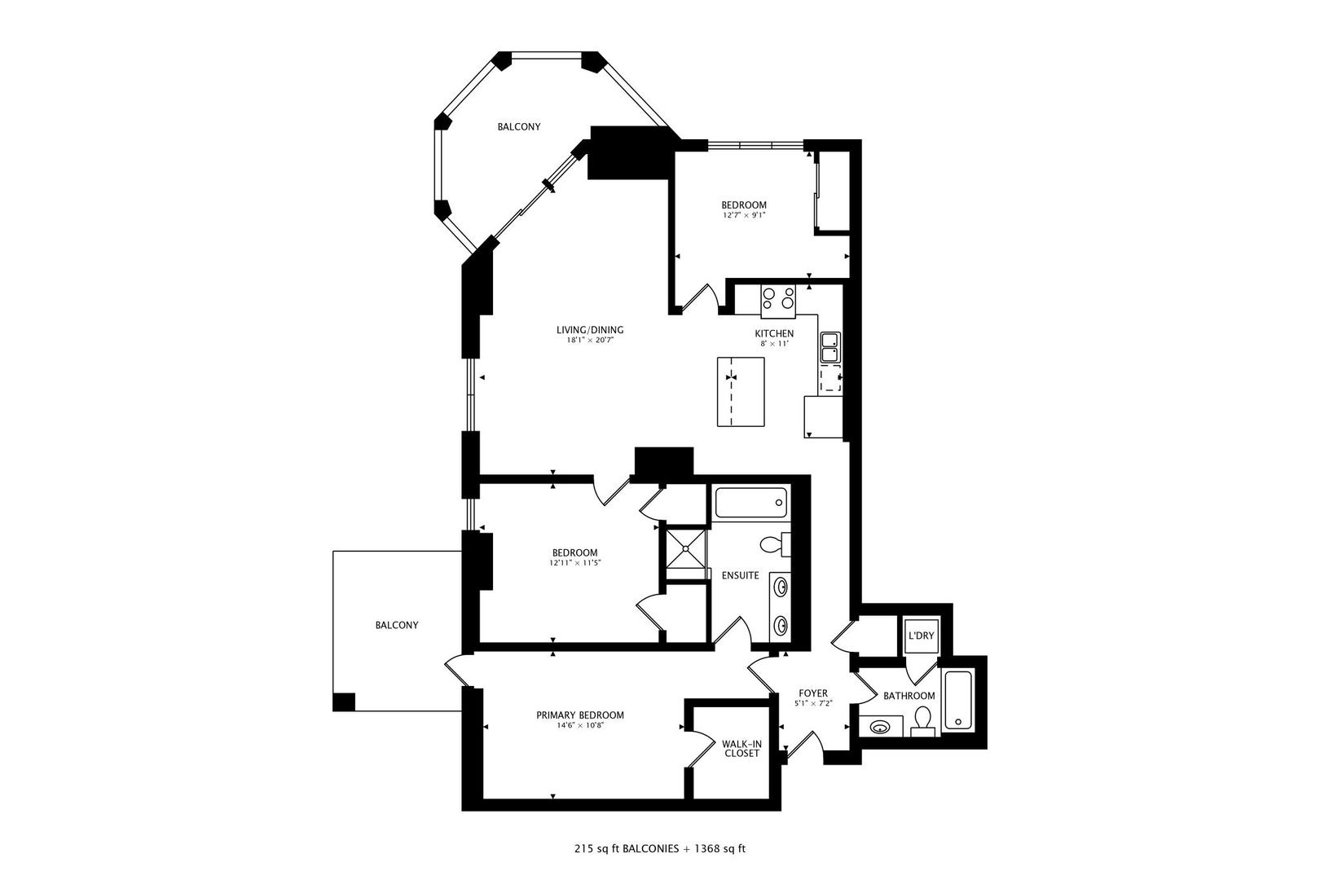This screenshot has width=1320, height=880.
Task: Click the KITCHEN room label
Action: (x=773, y=333)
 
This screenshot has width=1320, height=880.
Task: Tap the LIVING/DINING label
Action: (x=589, y=330)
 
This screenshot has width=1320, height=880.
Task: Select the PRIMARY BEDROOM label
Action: (x=579, y=715)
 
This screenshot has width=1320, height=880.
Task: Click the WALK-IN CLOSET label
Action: (x=741, y=748)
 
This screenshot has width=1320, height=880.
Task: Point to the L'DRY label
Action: (x=920, y=636)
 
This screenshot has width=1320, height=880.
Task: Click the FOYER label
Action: (x=812, y=693)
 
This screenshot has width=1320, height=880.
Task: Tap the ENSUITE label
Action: (x=740, y=575)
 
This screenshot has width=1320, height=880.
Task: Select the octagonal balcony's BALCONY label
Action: (x=519, y=126)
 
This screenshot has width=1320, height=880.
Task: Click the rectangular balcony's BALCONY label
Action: (x=396, y=625)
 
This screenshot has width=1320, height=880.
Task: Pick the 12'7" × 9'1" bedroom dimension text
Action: (x=743, y=216)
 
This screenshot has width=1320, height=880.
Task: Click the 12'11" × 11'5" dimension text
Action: (x=574, y=562)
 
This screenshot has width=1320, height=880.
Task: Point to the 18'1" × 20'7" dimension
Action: (x=589, y=341)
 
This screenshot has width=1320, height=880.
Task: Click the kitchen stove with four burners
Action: (x=777, y=300)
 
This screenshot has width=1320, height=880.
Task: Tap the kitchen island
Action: (x=741, y=391)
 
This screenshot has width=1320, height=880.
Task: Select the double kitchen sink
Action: (x=830, y=346)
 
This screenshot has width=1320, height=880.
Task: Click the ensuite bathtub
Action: (x=750, y=504)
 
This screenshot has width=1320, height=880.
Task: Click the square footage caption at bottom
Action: (x=659, y=848)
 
